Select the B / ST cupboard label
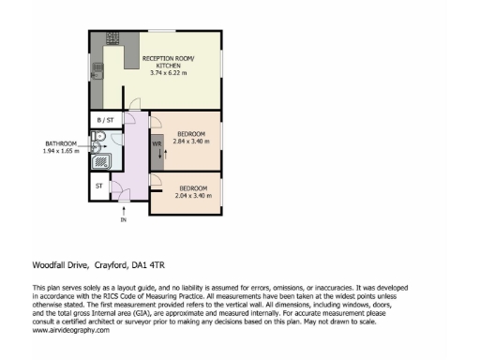105,121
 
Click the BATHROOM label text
61,143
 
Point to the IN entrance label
122,220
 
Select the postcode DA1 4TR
151,263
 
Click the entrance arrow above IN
122,211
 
